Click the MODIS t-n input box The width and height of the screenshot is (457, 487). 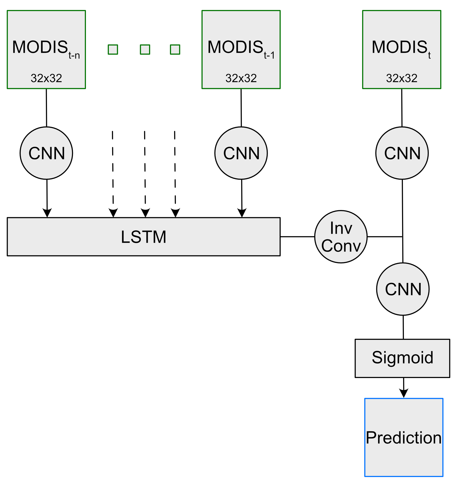[x=46, y=49]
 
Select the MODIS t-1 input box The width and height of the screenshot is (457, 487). [x=241, y=49]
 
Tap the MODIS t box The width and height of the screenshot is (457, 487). [x=402, y=49]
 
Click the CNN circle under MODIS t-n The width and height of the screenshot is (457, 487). [x=46, y=153]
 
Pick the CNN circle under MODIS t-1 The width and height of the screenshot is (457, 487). [x=241, y=153]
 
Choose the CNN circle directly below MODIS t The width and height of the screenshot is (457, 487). [x=402, y=153]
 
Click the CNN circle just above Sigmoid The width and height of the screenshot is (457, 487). [x=403, y=289]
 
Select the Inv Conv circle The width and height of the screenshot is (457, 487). [x=341, y=237]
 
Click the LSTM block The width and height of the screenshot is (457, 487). [x=144, y=237]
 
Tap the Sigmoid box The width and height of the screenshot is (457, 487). [x=402, y=358]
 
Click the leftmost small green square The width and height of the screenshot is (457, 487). [x=113, y=49]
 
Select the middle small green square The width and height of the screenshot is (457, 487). [x=145, y=49]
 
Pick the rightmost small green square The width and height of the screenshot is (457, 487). [x=175, y=49]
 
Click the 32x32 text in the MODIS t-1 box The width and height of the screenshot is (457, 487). [x=241, y=78]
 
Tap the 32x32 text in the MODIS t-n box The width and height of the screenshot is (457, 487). [x=46, y=78]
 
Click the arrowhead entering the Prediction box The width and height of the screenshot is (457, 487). [x=404, y=393]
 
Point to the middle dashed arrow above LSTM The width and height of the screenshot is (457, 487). [x=145, y=174]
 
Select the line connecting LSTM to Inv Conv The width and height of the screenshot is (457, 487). [x=297, y=237]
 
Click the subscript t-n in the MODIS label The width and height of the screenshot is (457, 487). [x=74, y=55]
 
